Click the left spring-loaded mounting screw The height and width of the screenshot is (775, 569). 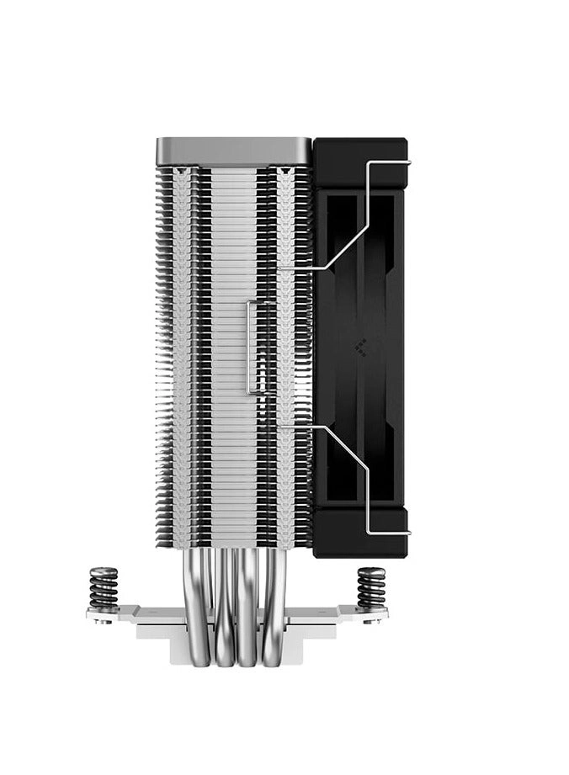(104, 587)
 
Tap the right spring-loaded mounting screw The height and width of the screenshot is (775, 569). (370, 587)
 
